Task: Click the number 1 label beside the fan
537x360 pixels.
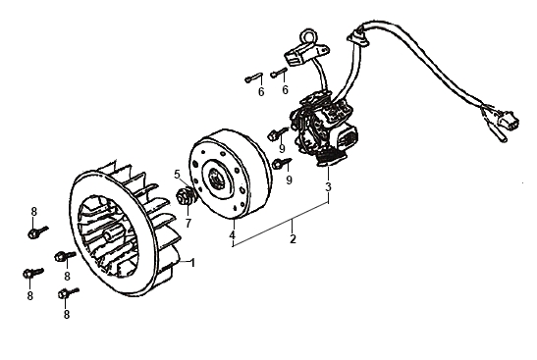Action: pos(192,263)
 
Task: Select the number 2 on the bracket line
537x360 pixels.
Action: pos(293,238)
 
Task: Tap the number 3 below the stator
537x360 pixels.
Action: pos(328,187)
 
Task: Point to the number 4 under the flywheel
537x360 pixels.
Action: pos(233,235)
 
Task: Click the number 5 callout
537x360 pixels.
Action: pos(177,175)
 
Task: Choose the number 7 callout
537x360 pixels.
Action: pos(188,223)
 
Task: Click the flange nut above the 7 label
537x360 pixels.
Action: pos(186,198)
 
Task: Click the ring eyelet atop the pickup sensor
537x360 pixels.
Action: pos(306,36)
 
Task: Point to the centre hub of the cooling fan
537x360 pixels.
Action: pos(109,236)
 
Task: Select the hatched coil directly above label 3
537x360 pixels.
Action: pos(330,158)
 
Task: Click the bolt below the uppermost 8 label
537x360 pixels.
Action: pos(37,232)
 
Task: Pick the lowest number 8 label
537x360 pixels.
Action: pos(67,314)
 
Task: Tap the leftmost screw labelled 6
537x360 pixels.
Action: pos(253,77)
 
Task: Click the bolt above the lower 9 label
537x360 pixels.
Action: pos(283,163)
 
